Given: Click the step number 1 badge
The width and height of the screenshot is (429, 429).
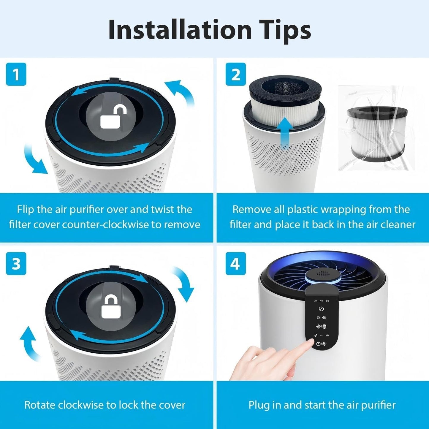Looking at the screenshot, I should click(x=16, y=74).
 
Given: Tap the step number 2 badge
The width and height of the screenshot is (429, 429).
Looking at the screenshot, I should click(x=236, y=74).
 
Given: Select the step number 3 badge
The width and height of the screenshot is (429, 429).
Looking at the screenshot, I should click(x=16, y=264).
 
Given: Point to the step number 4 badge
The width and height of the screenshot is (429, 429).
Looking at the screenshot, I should click(x=236, y=264).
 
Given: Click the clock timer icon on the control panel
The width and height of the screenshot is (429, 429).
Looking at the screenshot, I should click(x=321, y=309).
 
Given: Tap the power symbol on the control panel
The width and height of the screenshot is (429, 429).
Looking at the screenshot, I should click(x=318, y=344).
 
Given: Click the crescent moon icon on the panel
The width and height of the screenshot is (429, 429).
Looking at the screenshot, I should click(x=315, y=335).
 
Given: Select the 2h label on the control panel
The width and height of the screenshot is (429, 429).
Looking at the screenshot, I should click(x=315, y=301).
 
